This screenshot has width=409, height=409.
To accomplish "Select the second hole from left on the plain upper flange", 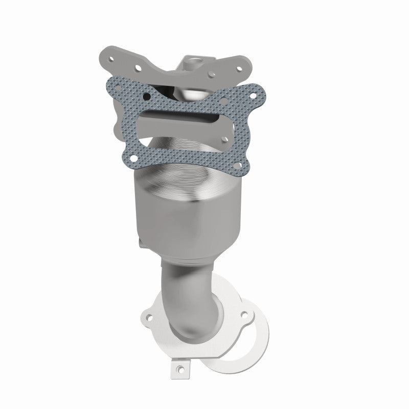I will [137, 66].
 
